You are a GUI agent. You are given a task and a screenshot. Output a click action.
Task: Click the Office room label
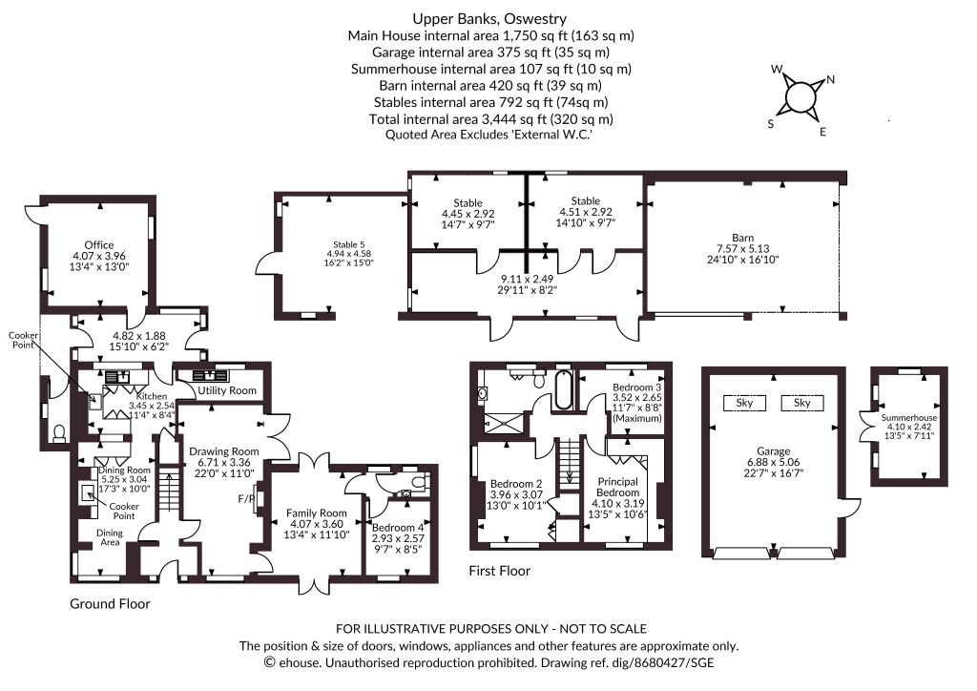(98, 245)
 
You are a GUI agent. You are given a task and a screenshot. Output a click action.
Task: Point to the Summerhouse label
(909, 418)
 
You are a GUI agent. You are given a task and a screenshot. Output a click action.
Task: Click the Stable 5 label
(349, 243)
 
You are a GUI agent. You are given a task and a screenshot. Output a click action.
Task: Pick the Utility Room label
(227, 391)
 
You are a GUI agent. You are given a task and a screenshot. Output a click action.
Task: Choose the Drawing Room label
(224, 450)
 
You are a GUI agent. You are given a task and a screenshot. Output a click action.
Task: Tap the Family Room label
(317, 513)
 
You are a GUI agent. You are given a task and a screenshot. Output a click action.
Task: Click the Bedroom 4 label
(397, 528)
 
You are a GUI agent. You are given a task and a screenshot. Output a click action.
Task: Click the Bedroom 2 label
(515, 484)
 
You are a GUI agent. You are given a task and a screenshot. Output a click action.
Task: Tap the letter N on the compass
(830, 80)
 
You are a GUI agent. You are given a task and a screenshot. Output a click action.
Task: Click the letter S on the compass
(771, 124)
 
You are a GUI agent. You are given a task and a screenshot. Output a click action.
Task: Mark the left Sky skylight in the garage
(745, 403)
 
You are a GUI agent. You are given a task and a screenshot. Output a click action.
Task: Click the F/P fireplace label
(243, 498)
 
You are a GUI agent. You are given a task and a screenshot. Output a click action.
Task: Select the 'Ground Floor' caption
(110, 604)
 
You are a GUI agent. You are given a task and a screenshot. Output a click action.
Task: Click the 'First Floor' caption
(500, 571)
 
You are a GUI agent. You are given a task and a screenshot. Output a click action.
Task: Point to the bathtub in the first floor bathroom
(560, 390)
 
